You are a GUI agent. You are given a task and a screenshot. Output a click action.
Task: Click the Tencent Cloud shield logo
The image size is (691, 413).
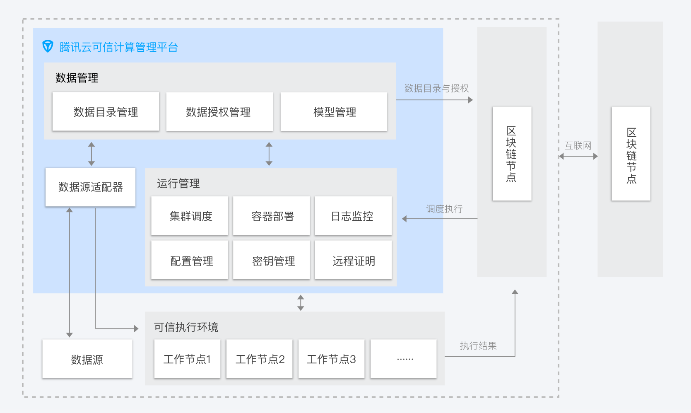pos(48,46)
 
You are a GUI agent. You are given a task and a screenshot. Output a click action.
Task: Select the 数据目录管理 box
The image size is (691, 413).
pos(106,111)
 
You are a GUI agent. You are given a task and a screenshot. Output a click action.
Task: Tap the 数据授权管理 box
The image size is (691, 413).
pos(220,111)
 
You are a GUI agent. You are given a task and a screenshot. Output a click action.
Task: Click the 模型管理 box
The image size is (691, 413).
pos(334,111)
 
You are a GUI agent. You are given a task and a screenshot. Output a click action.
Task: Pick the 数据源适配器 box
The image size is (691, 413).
pos(90,187)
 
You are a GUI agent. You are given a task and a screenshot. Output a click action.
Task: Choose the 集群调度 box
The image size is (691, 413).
pos(190,216)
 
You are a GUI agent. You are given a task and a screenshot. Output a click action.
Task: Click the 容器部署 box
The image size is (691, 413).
pos(272,216)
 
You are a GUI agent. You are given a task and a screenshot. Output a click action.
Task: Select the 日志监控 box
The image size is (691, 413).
pos(354,216)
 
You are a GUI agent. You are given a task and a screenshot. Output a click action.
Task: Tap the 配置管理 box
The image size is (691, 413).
pos(190,260)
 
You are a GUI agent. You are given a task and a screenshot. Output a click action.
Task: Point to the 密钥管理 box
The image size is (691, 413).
pos(272,260)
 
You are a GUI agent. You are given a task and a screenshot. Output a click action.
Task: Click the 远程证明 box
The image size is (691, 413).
pos(354,260)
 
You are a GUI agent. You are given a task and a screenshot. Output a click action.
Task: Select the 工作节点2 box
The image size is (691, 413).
pos(260,359)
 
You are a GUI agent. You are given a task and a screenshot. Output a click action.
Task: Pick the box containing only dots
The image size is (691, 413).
pos(404,359)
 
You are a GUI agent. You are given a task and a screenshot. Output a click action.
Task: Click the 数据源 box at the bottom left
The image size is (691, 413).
pos(87,359)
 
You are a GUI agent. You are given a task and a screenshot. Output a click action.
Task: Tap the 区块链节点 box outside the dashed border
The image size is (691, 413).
pos(631,154)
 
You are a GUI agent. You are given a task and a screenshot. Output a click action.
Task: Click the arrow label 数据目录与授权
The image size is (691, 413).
pos(436,89)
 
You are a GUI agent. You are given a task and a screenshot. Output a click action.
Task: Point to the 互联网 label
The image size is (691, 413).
pos(578,146)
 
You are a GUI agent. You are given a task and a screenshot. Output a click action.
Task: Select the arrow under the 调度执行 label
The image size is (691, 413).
pos(440,219)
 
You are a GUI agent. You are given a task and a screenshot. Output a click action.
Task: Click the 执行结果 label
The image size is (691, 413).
pos(478,346)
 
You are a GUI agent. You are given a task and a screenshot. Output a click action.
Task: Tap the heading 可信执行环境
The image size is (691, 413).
pos(186,327)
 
